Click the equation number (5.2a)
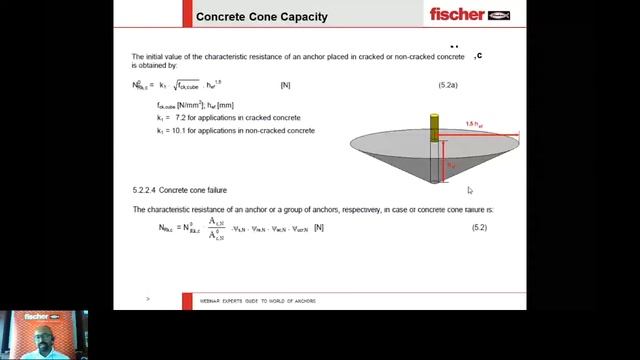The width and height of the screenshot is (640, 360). click(448, 86)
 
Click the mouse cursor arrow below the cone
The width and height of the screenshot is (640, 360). click(469, 190)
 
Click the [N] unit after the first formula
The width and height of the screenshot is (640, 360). click(286, 86)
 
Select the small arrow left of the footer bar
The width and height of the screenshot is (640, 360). click(148, 299)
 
